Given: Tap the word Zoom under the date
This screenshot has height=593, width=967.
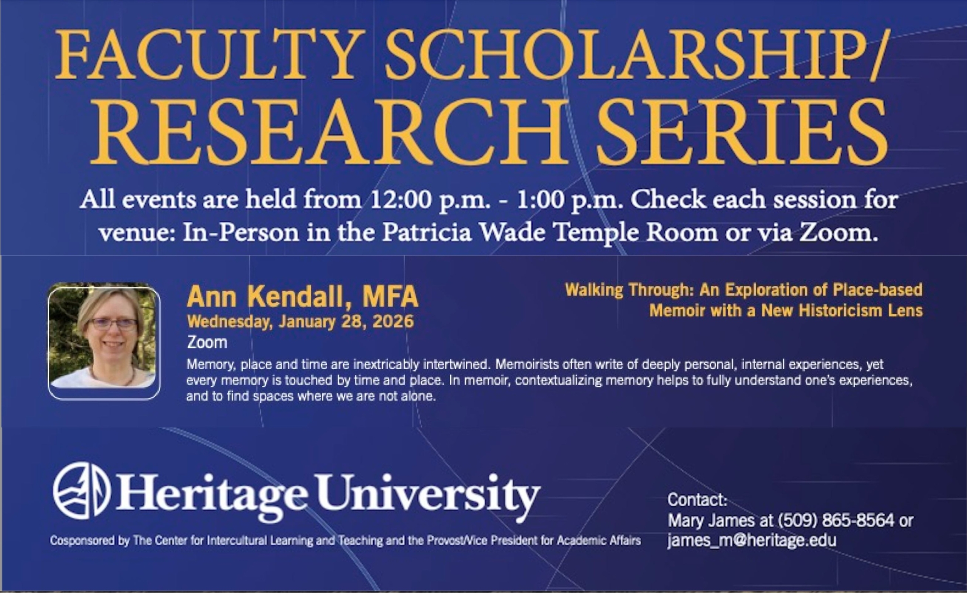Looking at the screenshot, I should click(x=207, y=342).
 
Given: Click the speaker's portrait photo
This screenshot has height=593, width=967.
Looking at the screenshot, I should click(x=104, y=340).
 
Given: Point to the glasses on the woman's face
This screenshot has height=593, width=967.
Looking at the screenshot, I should click(x=113, y=324).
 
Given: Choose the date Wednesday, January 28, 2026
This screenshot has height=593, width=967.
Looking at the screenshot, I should click(x=300, y=322).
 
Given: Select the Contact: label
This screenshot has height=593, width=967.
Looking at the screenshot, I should click(x=697, y=500).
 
